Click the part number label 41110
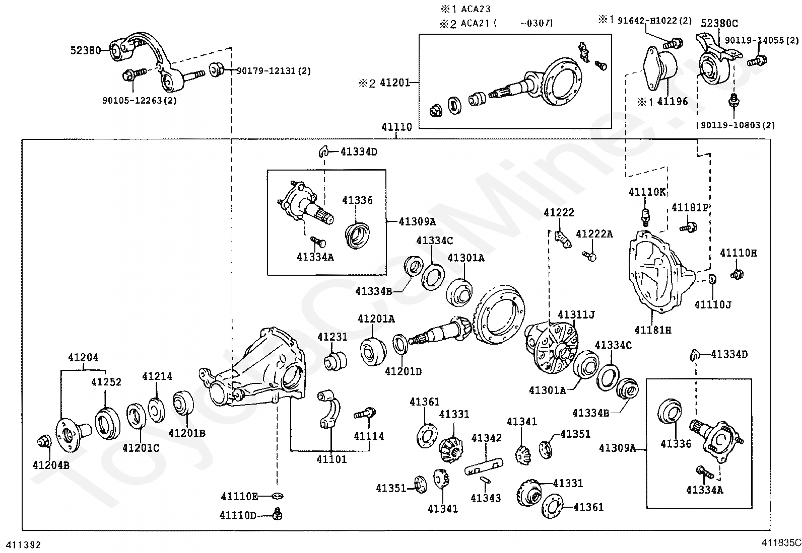[396, 127]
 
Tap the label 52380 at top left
[85, 50]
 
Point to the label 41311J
[576, 315]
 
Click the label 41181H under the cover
[653, 330]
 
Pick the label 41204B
[51, 465]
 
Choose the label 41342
[486, 438]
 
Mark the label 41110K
[647, 192]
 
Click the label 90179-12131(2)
[274, 71]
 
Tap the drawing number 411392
[24, 545]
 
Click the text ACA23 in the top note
[476, 9]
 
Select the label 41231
[332, 337]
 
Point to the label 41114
[369, 436]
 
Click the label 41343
[486, 498]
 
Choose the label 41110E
[239, 497]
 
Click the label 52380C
[719, 23]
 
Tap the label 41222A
[594, 234]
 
